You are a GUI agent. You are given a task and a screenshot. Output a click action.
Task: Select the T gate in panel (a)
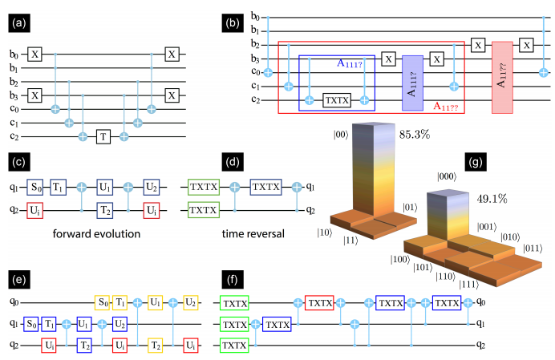click(x=103, y=136)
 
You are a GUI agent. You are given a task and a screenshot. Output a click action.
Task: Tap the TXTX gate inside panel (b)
click(x=334, y=100)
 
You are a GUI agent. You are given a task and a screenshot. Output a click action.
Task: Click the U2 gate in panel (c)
click(x=152, y=189)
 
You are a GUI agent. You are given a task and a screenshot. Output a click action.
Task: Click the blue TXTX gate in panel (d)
click(x=266, y=189)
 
